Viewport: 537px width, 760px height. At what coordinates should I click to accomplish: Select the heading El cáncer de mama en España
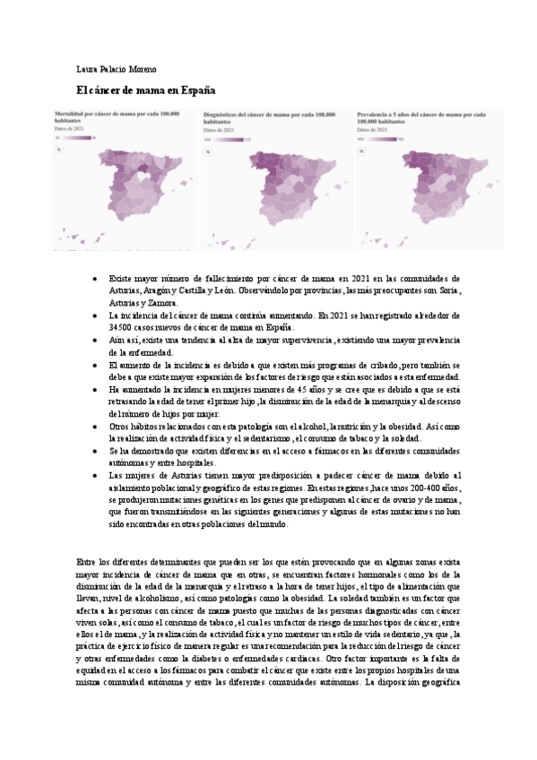pyautogui.click(x=146, y=91)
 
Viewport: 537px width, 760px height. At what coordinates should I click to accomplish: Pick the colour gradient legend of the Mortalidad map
pyautogui.click(x=77, y=137)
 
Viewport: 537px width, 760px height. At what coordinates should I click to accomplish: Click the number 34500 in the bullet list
pyautogui.click(x=121, y=329)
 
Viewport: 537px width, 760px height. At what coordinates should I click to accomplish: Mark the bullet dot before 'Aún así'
pyautogui.click(x=96, y=341)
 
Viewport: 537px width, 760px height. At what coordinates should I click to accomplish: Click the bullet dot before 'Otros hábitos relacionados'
pyautogui.click(x=96, y=427)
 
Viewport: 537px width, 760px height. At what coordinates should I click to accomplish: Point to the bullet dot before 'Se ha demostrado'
pyautogui.click(x=96, y=451)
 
